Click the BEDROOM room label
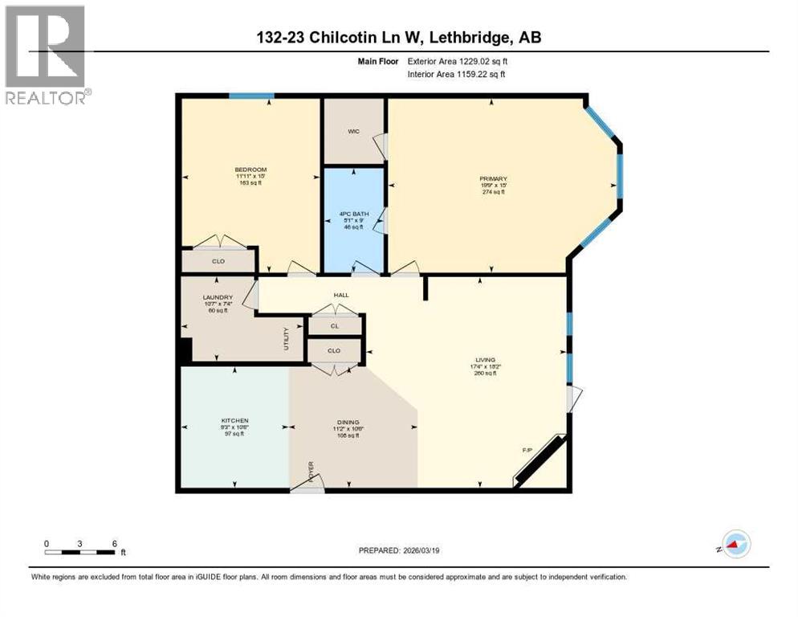coord(250,169)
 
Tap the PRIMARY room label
coord(493,178)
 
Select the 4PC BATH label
coord(354,213)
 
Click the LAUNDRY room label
coord(218,296)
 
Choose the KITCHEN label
coord(235,420)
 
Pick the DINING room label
coord(348,422)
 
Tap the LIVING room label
coord(485,360)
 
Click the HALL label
coord(342,296)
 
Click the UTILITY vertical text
coord(286,338)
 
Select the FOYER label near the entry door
coord(311,468)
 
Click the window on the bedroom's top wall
coord(251,96)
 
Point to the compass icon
coord(735,544)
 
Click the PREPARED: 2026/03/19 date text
coord(400,550)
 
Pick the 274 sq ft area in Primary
coord(493,192)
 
